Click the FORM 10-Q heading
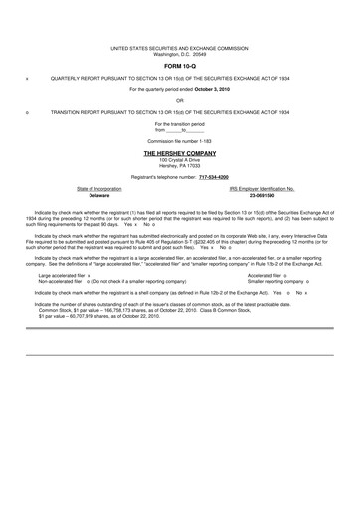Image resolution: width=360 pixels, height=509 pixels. click(179, 66)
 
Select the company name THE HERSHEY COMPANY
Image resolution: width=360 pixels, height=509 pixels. click(179, 154)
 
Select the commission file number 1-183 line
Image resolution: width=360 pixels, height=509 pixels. click(179, 142)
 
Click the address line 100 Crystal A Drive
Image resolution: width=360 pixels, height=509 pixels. click(179, 159)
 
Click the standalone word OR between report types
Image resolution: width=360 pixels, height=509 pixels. click(179, 100)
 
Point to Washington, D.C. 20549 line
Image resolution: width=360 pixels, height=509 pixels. click(179, 52)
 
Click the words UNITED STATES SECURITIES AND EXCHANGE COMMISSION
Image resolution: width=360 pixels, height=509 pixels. click(179, 46)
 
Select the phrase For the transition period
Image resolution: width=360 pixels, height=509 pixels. click(179, 123)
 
